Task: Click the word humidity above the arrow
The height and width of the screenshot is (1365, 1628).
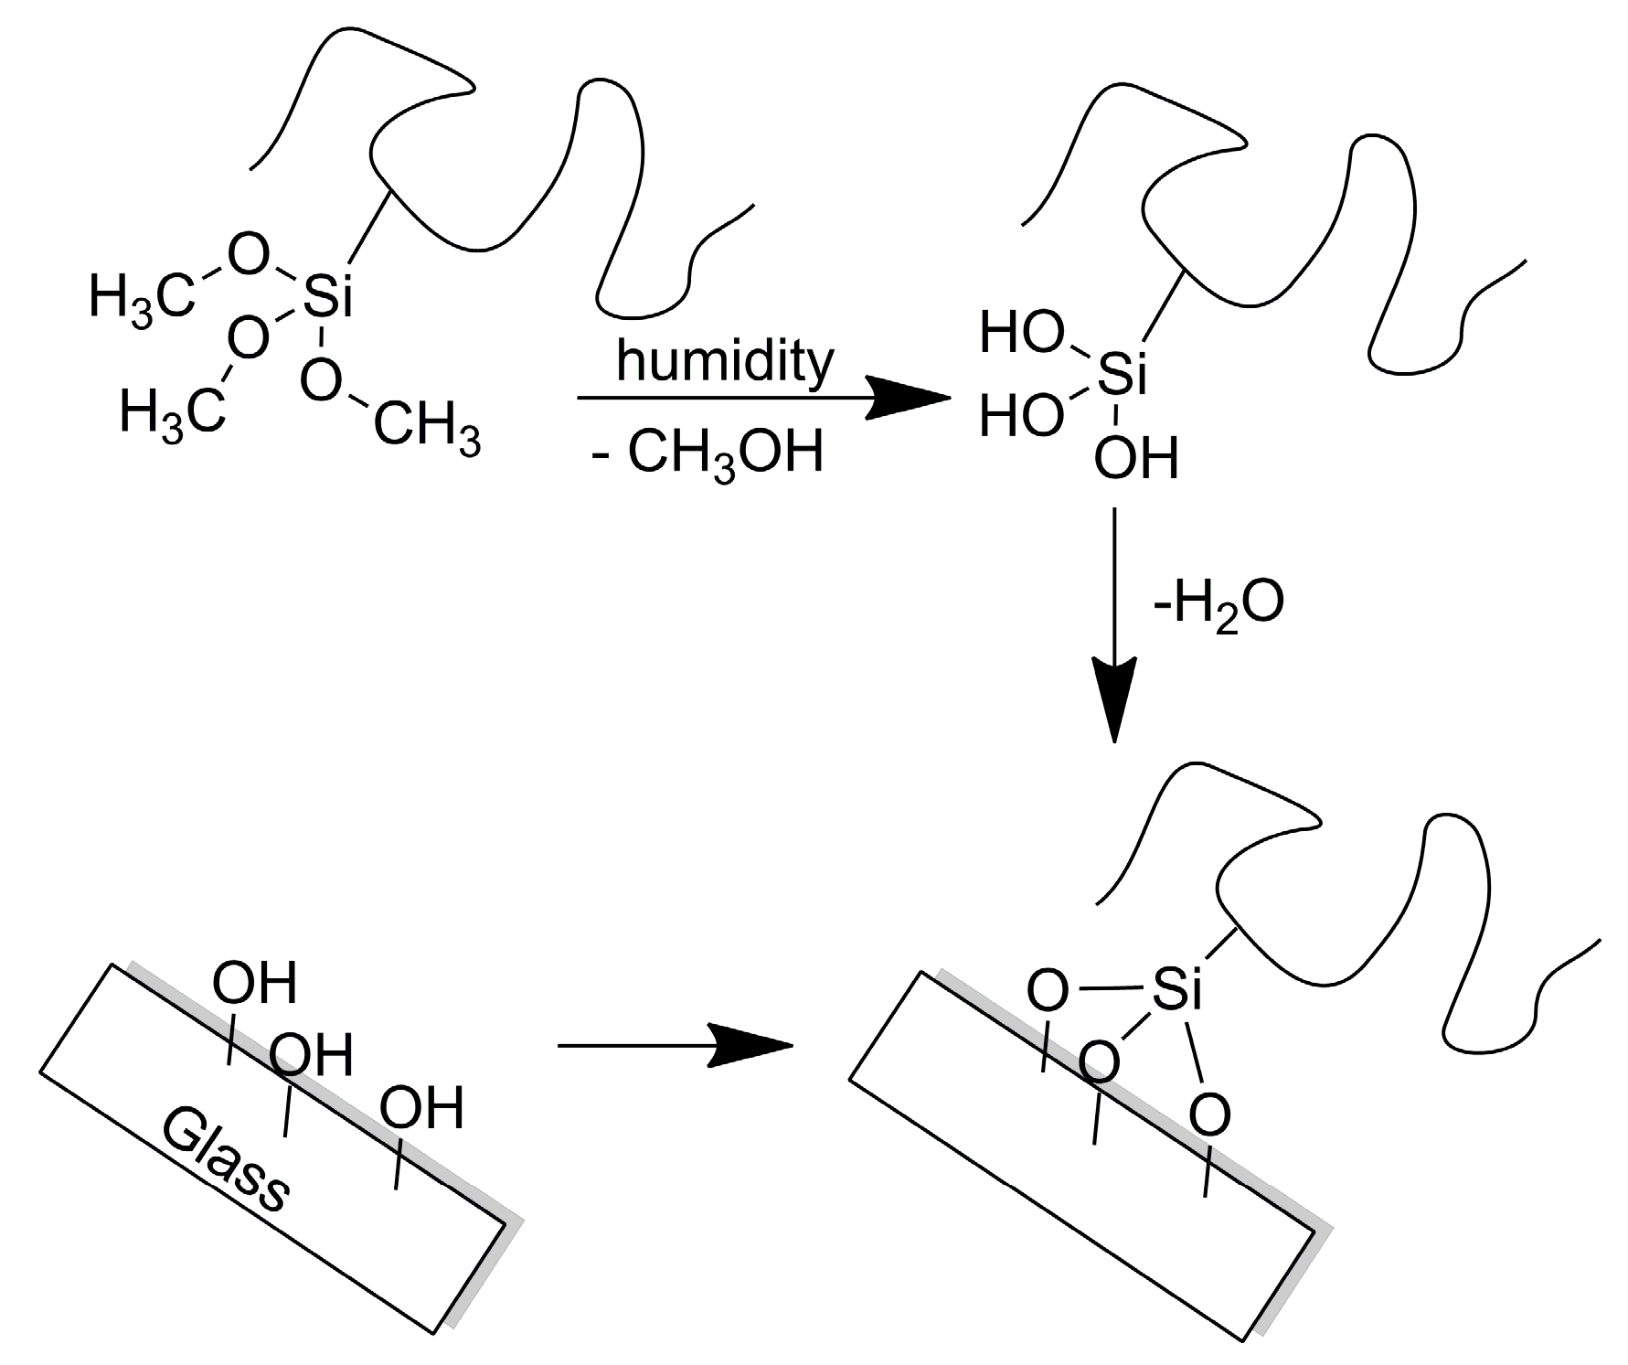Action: (725, 361)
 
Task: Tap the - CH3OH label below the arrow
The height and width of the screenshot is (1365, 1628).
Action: (708, 454)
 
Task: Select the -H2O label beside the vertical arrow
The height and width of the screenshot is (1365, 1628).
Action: (1219, 603)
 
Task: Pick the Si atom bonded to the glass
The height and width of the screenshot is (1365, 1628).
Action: (1176, 988)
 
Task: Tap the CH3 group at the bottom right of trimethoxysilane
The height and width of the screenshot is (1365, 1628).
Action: (427, 427)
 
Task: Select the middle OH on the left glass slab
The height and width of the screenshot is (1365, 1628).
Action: (311, 1055)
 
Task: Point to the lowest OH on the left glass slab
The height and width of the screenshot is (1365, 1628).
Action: (421, 1108)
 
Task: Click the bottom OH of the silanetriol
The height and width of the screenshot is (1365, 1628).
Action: (1136, 458)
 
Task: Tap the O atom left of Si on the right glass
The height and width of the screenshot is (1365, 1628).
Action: (1047, 990)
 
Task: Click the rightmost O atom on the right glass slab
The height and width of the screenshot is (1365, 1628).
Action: (1209, 1114)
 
